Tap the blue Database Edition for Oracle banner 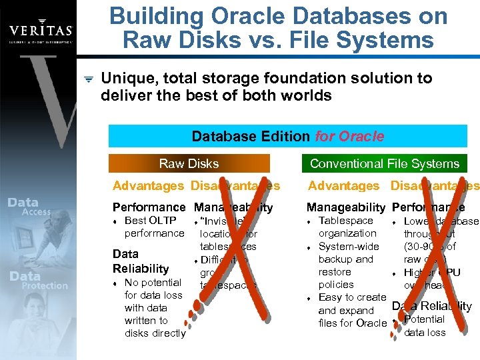click(287, 137)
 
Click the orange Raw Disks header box click(189, 163)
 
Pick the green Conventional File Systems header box click(384, 163)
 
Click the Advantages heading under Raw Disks click(148, 186)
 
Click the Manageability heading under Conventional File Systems click(345, 207)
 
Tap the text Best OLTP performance click(153, 227)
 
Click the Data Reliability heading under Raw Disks click(141, 261)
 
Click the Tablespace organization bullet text click(347, 227)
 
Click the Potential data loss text click(425, 326)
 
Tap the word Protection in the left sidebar click(45, 285)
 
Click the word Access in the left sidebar click(36, 212)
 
